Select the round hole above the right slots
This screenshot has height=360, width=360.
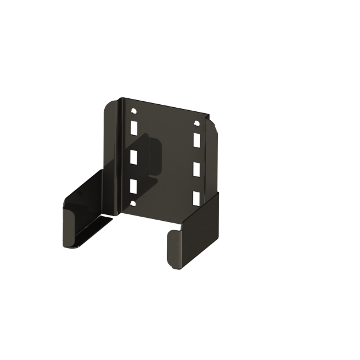[195, 124]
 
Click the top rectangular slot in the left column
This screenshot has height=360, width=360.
[134, 128]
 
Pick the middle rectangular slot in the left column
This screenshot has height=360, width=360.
[134, 157]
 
